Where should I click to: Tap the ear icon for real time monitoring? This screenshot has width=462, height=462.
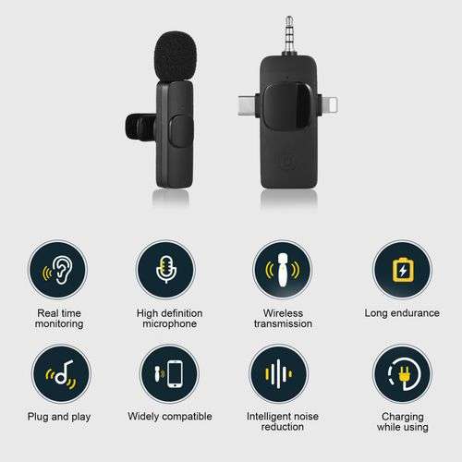pos(59,271)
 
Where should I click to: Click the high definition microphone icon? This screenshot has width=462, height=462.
pos(165,271)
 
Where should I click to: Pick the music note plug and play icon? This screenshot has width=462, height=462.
pos(59,374)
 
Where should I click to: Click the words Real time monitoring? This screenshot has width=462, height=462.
pos(59,319)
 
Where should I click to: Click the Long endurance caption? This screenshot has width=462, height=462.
pos(402,313)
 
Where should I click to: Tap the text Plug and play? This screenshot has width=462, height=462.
pos(59,417)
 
